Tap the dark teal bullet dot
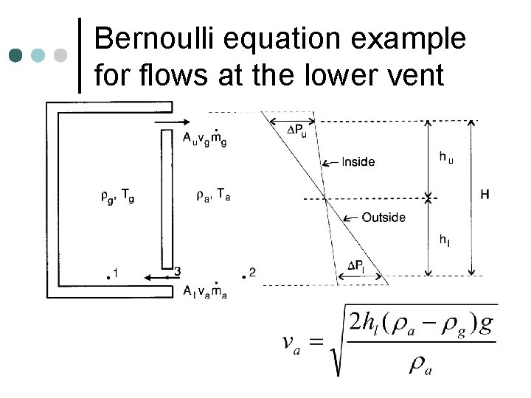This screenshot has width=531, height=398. click(16, 55)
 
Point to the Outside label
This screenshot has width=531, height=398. click(383, 217)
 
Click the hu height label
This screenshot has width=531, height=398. click(446, 156)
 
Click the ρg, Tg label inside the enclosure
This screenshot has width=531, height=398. click(117, 195)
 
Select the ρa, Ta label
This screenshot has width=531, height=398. click(213, 195)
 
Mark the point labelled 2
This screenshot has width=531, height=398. click(244, 276)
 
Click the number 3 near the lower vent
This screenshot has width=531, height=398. click(176, 271)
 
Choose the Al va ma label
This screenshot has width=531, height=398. click(204, 290)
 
